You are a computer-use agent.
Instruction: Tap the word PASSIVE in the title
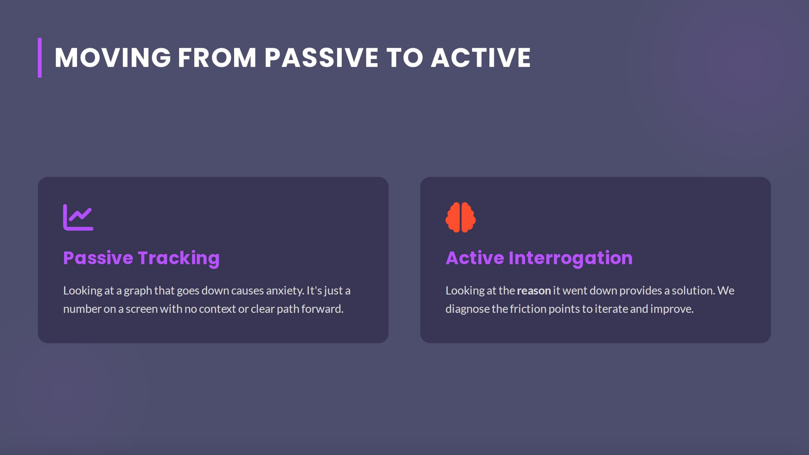click(x=321, y=58)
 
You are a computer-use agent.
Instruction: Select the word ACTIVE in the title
click(x=480, y=58)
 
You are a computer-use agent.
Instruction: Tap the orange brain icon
click(x=460, y=217)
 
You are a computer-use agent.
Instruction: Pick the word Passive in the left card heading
click(x=98, y=258)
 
